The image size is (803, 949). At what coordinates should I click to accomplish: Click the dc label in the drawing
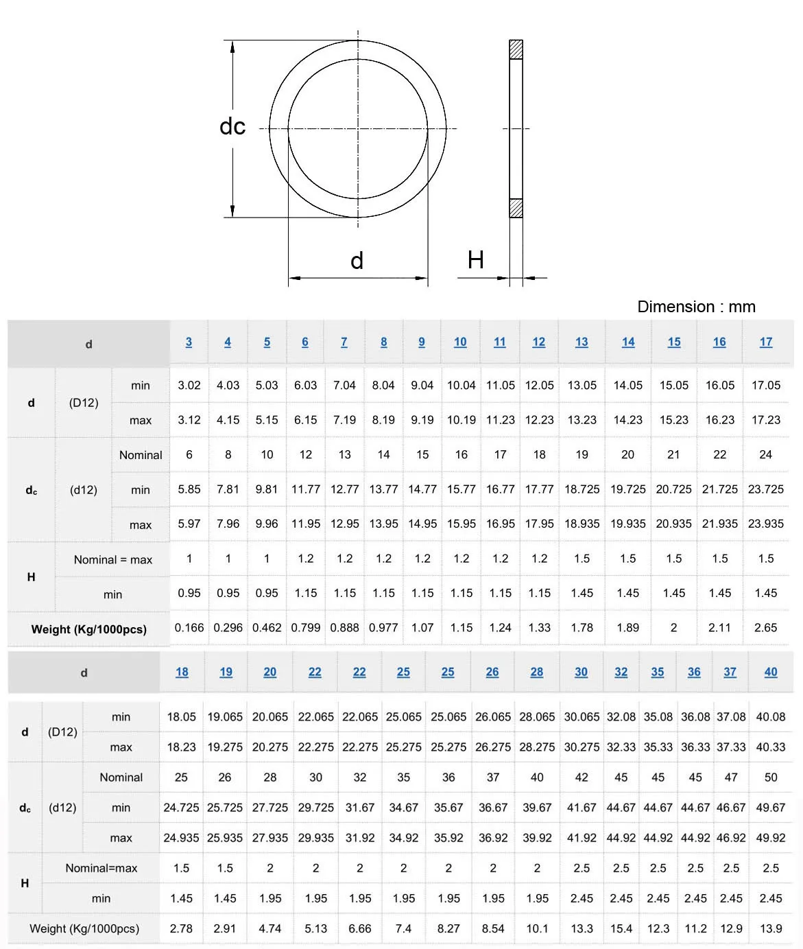coord(232,127)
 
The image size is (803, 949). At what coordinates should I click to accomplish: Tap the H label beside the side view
coord(475,260)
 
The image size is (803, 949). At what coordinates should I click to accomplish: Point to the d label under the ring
coord(357,261)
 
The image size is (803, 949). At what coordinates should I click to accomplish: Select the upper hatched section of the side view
coord(516,49)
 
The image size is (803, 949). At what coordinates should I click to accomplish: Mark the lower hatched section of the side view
coord(516,208)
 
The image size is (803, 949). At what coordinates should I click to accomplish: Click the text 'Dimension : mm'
coord(696,307)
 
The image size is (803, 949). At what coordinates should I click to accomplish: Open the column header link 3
coord(189,342)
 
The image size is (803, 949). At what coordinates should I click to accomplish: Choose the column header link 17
coord(765,342)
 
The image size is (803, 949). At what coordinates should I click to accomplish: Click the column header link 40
coord(770,672)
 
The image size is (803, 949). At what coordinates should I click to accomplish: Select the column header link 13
coord(582,342)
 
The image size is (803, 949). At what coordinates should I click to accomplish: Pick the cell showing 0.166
coord(189,628)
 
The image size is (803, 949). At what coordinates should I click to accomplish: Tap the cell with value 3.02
coord(189,386)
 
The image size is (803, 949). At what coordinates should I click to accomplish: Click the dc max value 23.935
coord(765,524)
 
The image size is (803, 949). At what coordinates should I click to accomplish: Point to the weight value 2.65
coord(765,628)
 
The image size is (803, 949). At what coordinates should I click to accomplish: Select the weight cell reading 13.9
coord(770,928)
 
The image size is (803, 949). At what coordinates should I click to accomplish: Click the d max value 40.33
coord(770,747)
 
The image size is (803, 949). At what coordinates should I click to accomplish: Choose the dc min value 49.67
coord(770,808)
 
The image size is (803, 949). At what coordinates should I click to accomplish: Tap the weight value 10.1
coord(537,928)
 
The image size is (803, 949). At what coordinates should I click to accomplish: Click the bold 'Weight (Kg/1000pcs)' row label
coord(88,629)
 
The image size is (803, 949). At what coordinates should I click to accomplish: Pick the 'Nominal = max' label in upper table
coord(113,560)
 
